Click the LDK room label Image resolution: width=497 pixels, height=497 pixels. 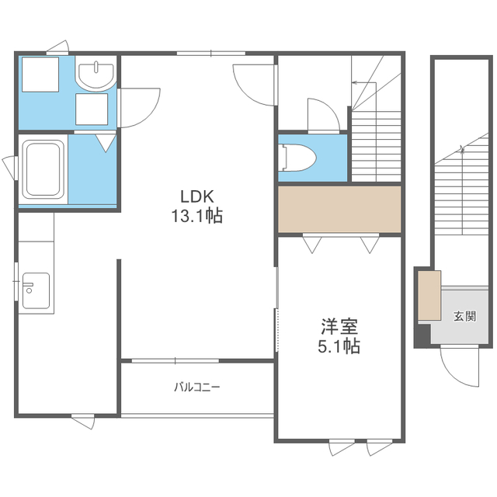click(197, 196)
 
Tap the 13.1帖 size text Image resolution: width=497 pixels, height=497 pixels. click(196, 216)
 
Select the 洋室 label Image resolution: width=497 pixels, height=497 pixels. click(339, 326)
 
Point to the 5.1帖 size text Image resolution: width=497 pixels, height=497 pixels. click(339, 346)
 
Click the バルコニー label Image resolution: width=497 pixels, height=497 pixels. click(196, 387)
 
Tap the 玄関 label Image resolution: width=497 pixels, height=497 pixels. click(464, 316)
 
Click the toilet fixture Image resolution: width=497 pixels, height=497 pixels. click(299, 158)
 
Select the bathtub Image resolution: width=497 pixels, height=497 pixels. click(43, 169)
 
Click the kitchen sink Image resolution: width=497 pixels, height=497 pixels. click(36, 290)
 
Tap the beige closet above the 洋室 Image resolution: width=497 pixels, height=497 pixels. click(339, 209)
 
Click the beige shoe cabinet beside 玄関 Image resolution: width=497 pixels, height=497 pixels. click(429, 295)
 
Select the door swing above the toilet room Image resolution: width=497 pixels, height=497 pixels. click(324, 115)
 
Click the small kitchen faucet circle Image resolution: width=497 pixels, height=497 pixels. click(30, 290)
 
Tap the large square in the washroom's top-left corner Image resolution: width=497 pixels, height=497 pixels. click(40, 75)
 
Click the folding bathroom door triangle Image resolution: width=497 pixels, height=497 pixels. click(106, 143)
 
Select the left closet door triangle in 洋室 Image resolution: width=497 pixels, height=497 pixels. click(312, 245)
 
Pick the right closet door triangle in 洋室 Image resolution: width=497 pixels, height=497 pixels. click(370, 245)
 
